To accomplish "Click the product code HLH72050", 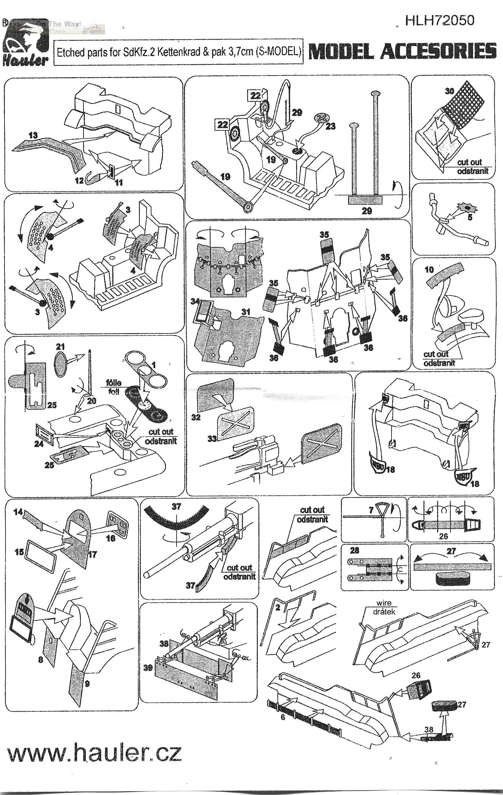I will pyautogui.click(x=439, y=21).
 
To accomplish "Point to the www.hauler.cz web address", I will pyautogui.click(x=94, y=753).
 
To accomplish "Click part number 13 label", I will pyautogui.click(x=33, y=135).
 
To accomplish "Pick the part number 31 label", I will pyautogui.click(x=246, y=311).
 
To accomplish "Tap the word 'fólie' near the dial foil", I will pyautogui.click(x=113, y=383).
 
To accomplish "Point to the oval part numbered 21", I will pyautogui.click(x=60, y=363).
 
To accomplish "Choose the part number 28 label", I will pyautogui.click(x=354, y=550).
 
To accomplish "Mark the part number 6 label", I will pyautogui.click(x=283, y=726).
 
